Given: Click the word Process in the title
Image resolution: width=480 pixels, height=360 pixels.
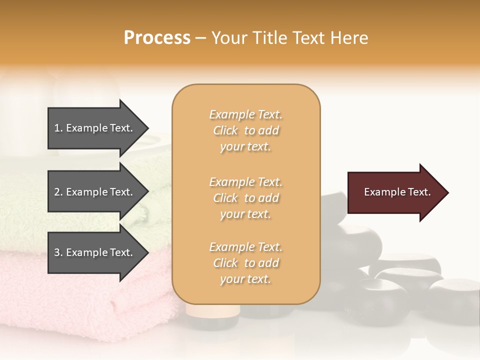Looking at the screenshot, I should coord(157,38).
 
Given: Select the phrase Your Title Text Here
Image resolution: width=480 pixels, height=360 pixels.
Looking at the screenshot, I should coord(289,38).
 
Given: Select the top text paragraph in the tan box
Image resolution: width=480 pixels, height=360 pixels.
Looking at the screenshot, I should coord(245,130).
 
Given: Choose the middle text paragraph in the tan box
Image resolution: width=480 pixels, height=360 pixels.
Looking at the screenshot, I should coord(245,198).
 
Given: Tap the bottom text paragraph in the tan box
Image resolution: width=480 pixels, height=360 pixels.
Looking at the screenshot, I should coord(245,263).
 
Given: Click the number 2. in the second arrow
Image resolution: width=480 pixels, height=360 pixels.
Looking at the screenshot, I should coord(59,192).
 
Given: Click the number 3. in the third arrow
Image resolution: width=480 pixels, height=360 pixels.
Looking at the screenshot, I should coord(59,252).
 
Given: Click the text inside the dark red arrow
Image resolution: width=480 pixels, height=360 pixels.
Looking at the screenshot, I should coord(397,192).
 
